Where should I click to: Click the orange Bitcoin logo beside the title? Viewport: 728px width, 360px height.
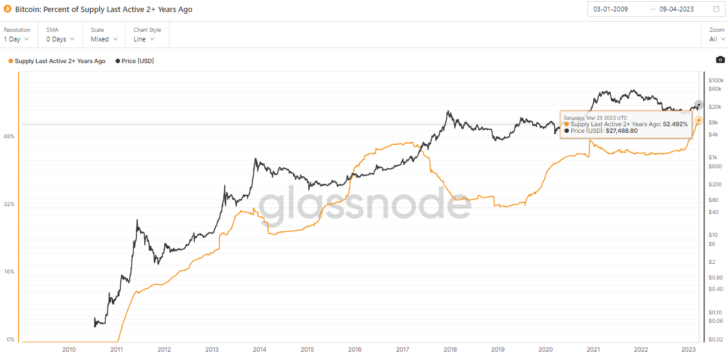point(8,10)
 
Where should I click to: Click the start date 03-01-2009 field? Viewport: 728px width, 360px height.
point(611,9)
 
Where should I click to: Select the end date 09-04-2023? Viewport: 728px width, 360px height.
point(677,9)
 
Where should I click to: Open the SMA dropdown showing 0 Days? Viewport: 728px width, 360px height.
point(60,39)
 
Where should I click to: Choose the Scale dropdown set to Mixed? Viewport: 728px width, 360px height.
point(103,39)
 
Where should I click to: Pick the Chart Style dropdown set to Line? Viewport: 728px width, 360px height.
point(144,39)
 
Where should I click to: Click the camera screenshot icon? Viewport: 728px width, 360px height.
point(720,59)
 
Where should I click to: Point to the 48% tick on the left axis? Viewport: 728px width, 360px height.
point(9,136)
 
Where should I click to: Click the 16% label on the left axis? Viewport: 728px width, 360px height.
point(9,272)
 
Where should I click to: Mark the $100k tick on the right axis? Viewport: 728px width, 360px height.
point(715,80)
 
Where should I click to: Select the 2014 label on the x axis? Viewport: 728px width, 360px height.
point(259,349)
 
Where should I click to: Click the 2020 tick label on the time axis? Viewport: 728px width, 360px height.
point(545,349)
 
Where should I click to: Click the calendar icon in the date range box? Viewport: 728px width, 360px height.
point(716,9)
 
